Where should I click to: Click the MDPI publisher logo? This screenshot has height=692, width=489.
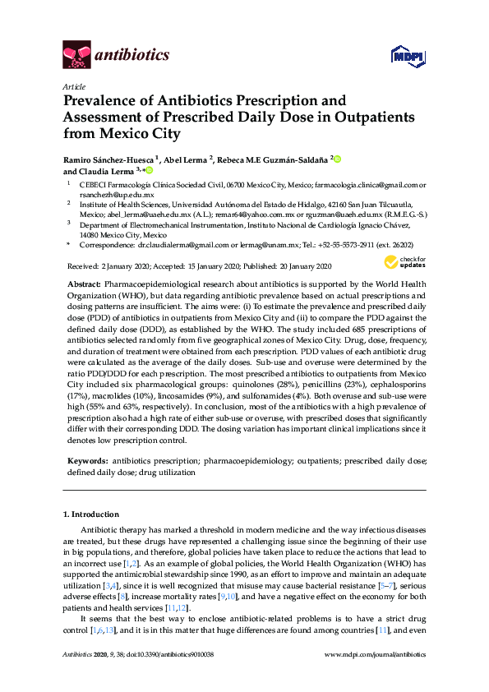click(408, 56)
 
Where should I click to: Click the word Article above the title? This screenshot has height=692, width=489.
click(72, 85)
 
